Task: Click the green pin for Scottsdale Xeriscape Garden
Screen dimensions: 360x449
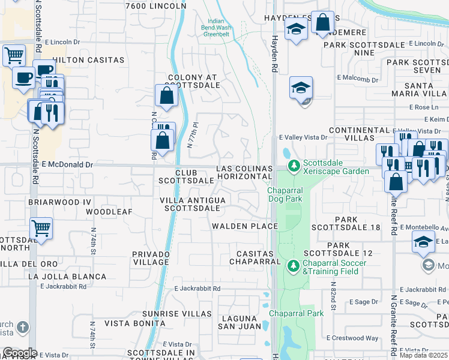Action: (294, 166)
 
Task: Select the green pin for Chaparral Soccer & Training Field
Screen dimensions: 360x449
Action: (294, 265)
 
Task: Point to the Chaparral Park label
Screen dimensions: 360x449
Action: (296, 313)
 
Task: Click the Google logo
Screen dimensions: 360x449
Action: (19, 353)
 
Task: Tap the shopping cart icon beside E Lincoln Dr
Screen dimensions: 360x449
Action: (14, 55)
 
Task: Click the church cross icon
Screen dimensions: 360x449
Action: (23, 328)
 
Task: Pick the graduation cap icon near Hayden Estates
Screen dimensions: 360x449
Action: (296, 29)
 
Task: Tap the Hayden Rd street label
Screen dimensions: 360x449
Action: (274, 51)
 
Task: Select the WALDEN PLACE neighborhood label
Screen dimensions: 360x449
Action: (245, 226)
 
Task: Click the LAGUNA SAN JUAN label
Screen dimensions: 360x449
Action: (239, 322)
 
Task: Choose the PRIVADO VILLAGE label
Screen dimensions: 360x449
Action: (151, 258)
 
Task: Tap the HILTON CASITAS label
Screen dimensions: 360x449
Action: (89, 60)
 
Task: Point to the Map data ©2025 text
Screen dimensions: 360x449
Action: (424, 355)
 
